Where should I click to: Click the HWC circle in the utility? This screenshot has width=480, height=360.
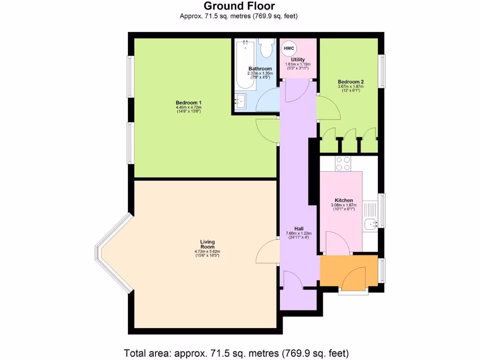point(288,48)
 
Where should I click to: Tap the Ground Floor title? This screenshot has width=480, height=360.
point(240,6)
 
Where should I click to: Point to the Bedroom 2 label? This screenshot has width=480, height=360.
point(351,82)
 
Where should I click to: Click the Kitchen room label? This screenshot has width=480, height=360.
point(344,200)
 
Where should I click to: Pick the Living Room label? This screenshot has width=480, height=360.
point(207,244)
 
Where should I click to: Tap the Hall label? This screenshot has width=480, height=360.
point(298,228)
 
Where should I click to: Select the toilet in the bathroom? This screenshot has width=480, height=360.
point(267,48)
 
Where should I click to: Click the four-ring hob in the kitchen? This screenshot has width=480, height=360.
point(343,163)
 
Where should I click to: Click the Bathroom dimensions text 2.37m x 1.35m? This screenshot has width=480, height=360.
point(260,73)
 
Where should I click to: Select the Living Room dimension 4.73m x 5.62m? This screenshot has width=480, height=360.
point(207,252)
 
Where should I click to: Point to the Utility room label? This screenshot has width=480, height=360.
point(298,60)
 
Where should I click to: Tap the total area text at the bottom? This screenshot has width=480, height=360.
point(237,352)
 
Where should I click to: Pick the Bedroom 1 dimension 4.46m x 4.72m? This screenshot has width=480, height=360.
point(188,107)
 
